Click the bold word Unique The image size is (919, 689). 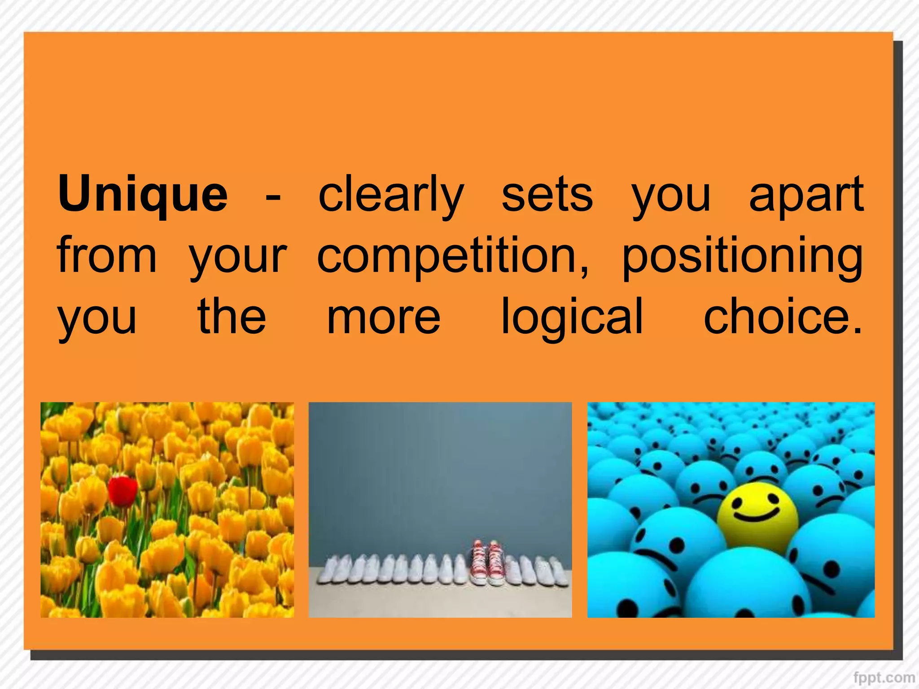(x=143, y=194)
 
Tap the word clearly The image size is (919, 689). (x=390, y=194)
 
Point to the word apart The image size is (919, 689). (x=806, y=194)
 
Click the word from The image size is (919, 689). (x=107, y=256)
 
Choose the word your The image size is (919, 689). (x=238, y=258)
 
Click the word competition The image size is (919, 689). (x=447, y=256)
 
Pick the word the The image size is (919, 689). (x=232, y=317)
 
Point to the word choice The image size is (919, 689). (x=776, y=317)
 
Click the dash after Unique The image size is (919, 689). (x=273, y=197)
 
